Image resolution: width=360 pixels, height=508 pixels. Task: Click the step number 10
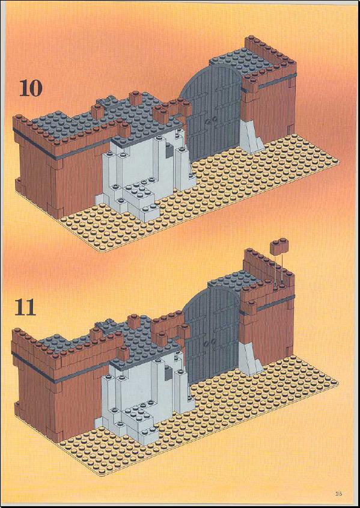coord(31,88)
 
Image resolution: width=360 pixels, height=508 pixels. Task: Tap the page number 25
coord(338,494)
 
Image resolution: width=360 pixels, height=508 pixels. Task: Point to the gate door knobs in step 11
coord(209,342)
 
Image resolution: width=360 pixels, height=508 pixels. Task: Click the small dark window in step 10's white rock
coord(169,151)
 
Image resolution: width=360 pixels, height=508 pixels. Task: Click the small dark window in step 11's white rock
coord(168,374)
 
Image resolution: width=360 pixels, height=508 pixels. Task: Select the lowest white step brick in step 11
coord(140,433)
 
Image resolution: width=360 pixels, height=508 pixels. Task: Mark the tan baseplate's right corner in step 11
coord(338,382)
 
